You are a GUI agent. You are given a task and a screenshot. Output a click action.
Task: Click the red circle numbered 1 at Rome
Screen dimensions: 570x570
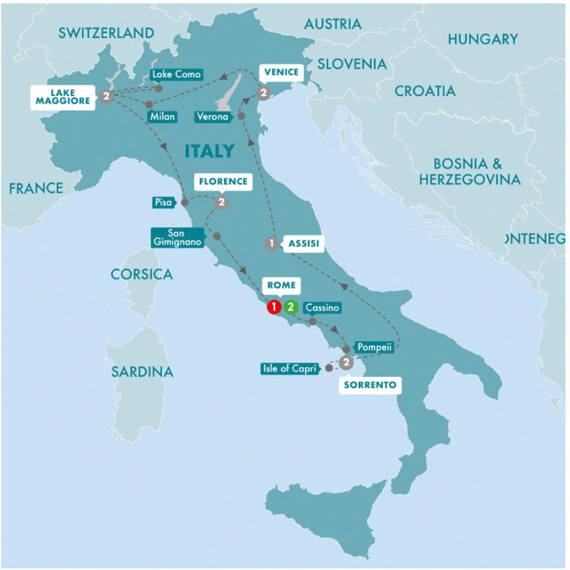coord(274,307)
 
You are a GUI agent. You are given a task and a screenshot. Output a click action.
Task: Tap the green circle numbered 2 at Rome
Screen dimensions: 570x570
coord(291,307)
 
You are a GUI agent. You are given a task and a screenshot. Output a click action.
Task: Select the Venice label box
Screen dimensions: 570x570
coord(281,72)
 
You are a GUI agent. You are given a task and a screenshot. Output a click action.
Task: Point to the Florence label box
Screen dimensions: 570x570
coord(223,182)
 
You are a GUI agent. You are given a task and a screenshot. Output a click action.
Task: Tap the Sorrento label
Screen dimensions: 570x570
coord(370,385)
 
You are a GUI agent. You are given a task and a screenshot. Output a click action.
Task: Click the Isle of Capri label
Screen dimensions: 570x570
coord(290,369)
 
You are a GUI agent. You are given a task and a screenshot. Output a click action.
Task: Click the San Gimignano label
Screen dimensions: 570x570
coord(176,237)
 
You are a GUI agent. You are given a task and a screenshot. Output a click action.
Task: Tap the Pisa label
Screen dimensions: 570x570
coord(162,202)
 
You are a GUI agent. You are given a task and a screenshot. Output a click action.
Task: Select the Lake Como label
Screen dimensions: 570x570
coord(176,74)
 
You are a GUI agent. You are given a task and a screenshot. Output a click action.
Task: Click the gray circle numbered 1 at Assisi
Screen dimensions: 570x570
coord(271,244)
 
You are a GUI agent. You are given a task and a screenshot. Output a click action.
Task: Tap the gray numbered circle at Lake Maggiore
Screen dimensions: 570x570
coord(105,96)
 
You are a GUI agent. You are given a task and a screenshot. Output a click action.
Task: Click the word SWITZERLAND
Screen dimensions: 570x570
coord(106,33)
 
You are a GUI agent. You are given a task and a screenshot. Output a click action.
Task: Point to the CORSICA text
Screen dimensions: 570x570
coord(141,274)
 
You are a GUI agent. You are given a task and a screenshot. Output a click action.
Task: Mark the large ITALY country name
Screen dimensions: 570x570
coord(210,151)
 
